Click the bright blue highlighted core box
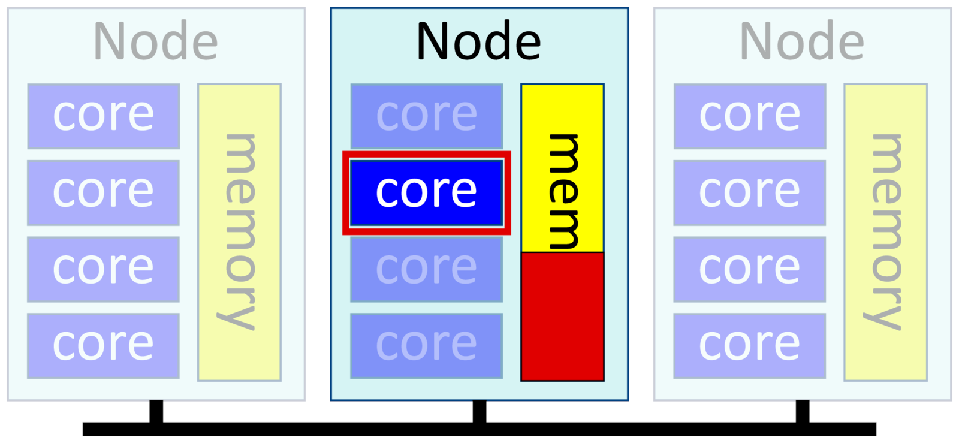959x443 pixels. point(426,192)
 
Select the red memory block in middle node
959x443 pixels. point(562,317)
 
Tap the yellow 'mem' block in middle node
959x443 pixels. point(562,168)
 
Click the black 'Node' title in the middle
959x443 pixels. point(478,41)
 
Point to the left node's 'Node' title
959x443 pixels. point(155,41)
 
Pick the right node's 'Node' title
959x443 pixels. point(802,41)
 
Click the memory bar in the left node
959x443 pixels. point(239,232)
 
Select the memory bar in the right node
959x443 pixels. point(885,232)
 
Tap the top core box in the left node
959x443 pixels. point(103,116)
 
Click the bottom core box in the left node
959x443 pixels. point(103,346)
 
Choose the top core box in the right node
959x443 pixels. point(749,116)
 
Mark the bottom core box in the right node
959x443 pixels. point(749,346)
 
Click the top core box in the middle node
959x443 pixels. point(426,116)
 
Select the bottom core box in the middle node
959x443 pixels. point(426,346)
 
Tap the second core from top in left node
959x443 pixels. point(103,192)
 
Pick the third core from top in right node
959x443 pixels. point(749,269)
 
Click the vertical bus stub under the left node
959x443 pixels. point(156,411)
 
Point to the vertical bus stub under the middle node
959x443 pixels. point(479,411)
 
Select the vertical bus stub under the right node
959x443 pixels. point(802,411)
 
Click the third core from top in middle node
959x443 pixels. point(426,269)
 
